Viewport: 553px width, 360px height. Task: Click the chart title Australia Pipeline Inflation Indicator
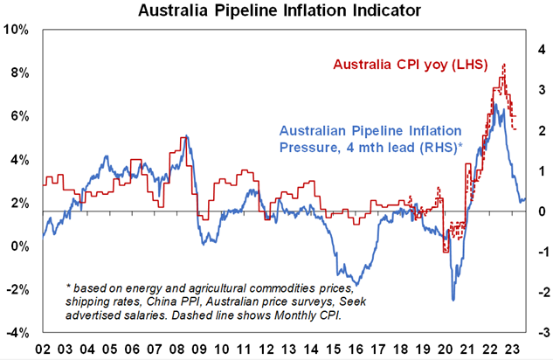pos(276,11)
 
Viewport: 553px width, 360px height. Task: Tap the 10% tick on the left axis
pos(16,30)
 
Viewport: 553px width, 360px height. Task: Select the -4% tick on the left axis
pos(16,333)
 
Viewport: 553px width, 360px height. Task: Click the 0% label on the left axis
pos(19,246)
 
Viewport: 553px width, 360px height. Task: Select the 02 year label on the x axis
pos(43,348)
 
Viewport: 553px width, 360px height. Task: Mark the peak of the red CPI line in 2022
pos(503,65)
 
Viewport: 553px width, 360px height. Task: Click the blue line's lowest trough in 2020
pos(453,301)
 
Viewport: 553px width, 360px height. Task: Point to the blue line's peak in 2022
pos(495,105)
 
